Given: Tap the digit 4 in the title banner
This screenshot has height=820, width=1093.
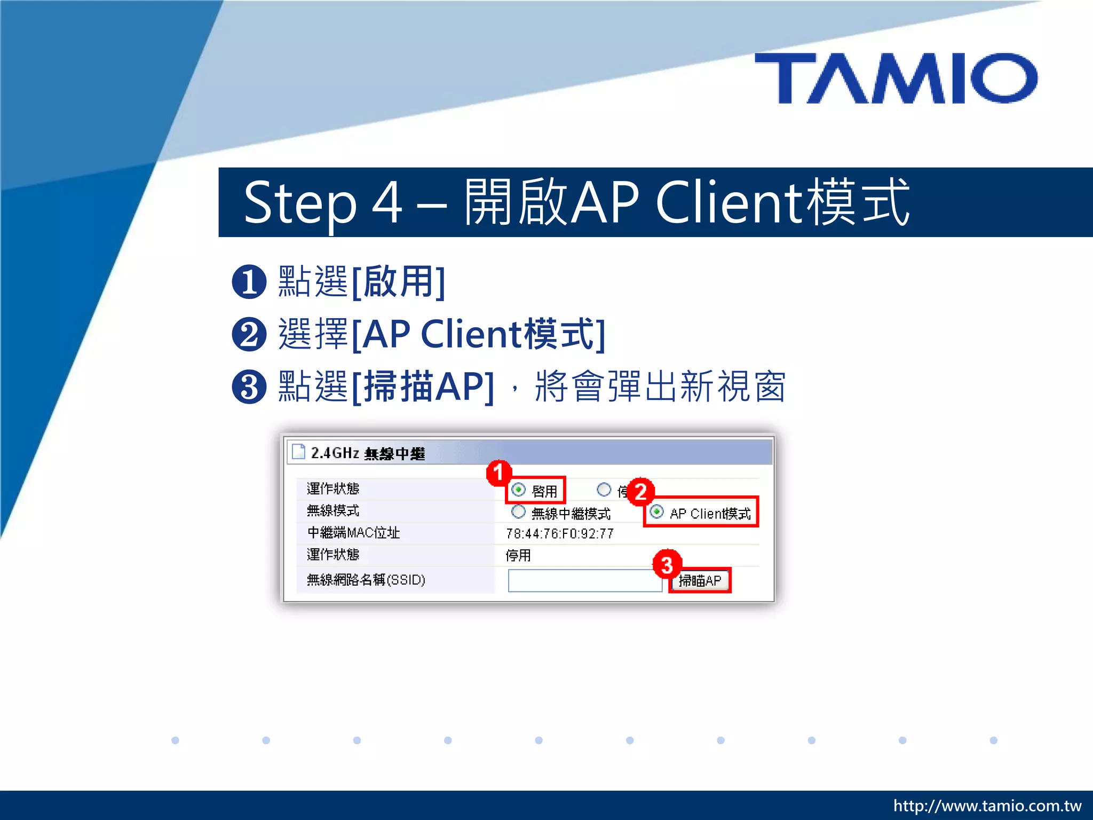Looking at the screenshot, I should [387, 203].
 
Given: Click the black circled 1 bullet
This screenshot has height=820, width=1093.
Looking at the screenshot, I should [249, 282].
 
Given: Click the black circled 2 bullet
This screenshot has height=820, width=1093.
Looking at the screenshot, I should [249, 335].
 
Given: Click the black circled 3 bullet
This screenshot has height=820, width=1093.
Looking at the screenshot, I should [249, 387].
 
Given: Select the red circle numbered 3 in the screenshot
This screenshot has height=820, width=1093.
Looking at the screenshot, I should [667, 564].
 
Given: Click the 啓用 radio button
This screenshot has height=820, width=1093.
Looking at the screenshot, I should [518, 490].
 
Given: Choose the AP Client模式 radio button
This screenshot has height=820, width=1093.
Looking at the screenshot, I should [657, 512].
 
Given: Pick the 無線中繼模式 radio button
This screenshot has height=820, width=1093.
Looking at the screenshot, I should [518, 512].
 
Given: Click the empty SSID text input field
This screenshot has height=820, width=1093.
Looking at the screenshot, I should [584, 580].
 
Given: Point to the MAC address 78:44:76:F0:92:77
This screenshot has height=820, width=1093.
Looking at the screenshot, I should [560, 533].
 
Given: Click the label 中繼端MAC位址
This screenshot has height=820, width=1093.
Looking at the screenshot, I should [353, 532].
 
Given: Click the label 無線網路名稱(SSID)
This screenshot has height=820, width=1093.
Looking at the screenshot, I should [366, 580].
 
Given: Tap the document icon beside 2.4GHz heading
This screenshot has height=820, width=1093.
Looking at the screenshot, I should [299, 452].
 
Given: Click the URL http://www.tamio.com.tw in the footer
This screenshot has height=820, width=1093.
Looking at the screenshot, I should [987, 806].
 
